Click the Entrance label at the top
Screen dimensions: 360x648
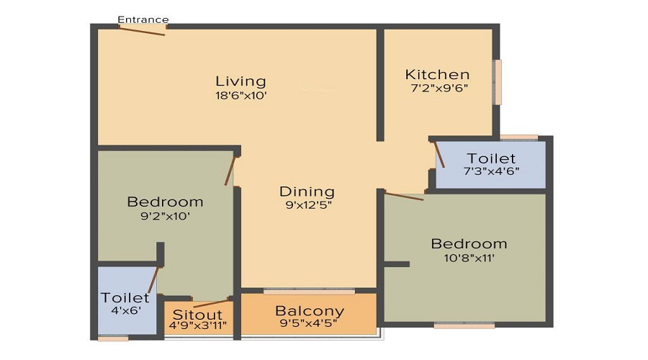(143, 19)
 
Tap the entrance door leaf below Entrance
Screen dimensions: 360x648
(143, 30)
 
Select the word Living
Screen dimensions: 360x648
(240, 81)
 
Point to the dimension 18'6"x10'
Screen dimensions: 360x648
(240, 96)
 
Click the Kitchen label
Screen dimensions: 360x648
(437, 74)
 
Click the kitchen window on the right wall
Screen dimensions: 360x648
(497, 81)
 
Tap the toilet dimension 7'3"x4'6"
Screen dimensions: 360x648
(491, 172)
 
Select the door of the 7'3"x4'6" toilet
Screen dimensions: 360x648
(440, 154)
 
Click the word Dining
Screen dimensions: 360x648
(307, 192)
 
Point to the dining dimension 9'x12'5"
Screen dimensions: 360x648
(307, 205)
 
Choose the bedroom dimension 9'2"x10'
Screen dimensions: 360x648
(165, 215)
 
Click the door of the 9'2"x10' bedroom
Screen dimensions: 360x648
(230, 170)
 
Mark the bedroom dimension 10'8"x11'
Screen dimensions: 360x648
(469, 258)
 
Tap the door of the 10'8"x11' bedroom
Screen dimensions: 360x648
(403, 195)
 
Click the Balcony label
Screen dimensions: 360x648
(310, 312)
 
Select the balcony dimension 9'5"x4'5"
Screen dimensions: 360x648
(310, 324)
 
